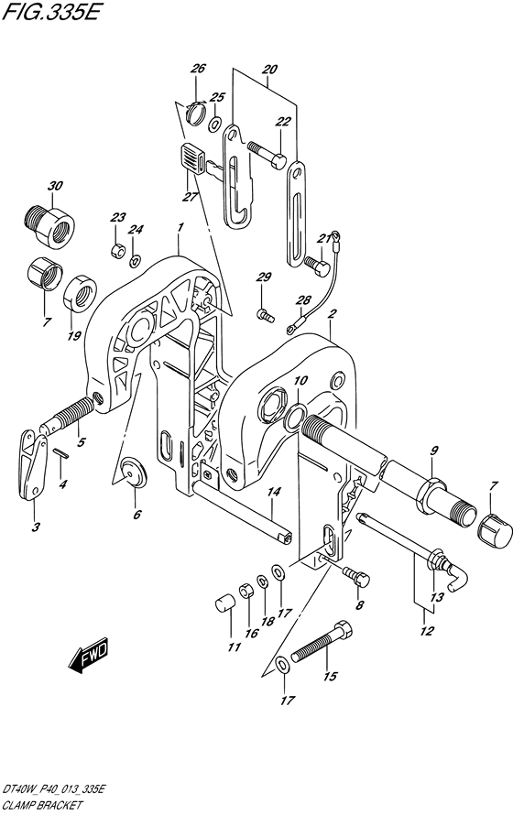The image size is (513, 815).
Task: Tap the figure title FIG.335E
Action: coord(49,12)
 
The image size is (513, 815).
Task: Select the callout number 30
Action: coord(55,186)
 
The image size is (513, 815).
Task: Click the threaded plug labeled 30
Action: coord(49,223)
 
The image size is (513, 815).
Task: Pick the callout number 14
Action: coord(274,492)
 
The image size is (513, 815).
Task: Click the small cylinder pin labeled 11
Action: coord(225,605)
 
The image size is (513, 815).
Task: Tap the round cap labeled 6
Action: coord(134,472)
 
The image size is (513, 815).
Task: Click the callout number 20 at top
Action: coord(270,69)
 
